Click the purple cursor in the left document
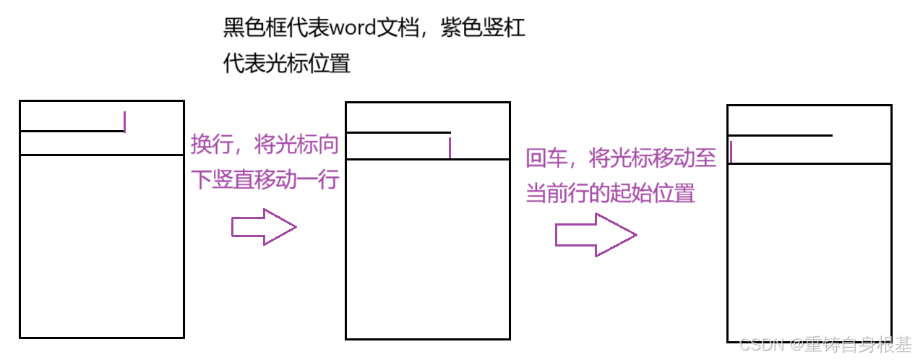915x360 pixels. [x=125, y=121]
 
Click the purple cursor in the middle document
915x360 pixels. [x=450, y=147]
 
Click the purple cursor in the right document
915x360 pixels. [x=731, y=152]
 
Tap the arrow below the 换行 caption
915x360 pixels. [x=264, y=227]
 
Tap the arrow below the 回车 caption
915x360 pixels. [x=595, y=235]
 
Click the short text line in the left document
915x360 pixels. [x=72, y=131]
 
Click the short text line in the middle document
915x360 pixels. [x=398, y=133]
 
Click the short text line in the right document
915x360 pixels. [x=780, y=135]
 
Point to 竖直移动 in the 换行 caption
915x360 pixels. [x=252, y=179]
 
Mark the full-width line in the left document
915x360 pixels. [x=101, y=155]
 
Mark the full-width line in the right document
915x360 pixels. [x=809, y=163]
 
